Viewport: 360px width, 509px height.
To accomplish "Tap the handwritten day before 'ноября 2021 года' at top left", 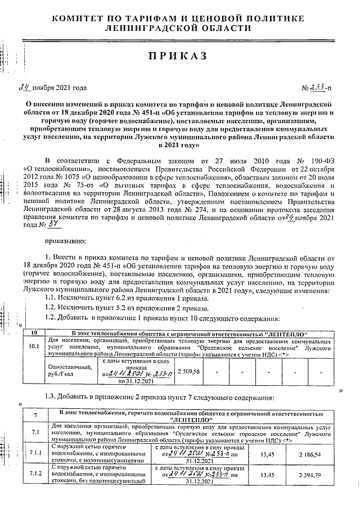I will [x=24, y=87].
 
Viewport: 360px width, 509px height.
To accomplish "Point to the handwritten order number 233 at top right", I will [x=319, y=87].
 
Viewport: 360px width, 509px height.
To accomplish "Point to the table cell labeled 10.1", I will [x=34, y=346].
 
